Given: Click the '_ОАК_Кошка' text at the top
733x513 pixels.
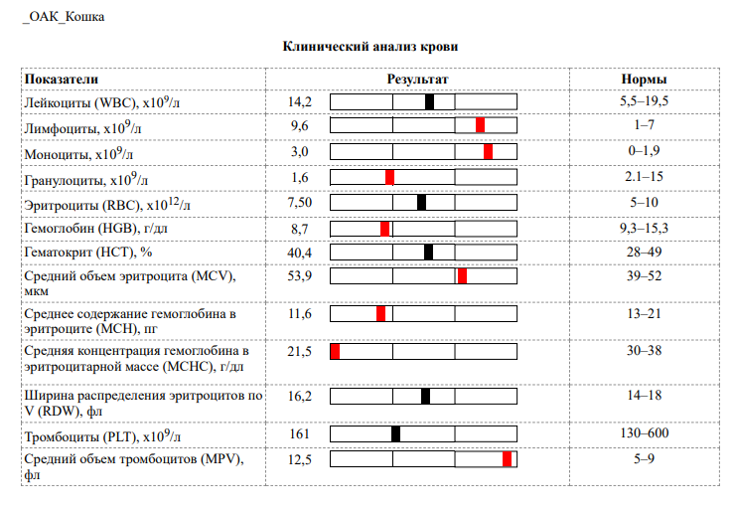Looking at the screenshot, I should click(62, 17).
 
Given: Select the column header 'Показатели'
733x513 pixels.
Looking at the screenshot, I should click(63, 80).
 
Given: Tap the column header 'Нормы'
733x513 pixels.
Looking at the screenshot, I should click(644, 80).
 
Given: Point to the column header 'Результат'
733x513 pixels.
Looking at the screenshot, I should click(417, 80).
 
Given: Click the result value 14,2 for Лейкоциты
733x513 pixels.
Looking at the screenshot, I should click(300, 101).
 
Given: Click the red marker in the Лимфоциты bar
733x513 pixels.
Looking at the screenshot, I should click(480, 125).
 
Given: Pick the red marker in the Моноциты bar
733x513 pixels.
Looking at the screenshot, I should click(489, 151).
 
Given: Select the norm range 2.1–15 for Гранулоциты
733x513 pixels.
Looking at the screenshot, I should click(644, 177).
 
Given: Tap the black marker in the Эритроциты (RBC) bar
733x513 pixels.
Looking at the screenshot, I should click(421, 203).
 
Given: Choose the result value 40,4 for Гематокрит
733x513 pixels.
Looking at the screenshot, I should click(300, 253).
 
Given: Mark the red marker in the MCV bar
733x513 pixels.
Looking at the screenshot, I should click(463, 276).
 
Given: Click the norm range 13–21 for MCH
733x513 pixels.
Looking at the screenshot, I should click(644, 314).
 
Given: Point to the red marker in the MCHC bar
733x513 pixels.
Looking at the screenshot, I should click(335, 352).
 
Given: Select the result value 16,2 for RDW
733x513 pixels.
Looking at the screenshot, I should click(300, 396).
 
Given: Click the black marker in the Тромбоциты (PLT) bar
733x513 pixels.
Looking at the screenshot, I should click(395, 433).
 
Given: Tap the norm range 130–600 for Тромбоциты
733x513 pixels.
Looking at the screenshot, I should click(644, 434).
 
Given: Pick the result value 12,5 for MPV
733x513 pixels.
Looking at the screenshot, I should click(300, 458).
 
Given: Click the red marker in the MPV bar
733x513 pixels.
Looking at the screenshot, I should click(508, 458).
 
